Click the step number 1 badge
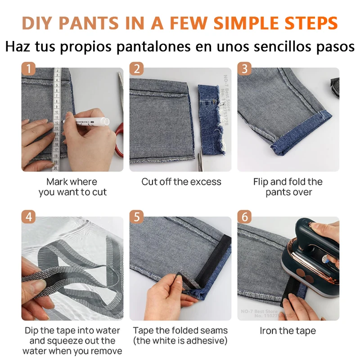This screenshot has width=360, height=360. (x=29, y=69)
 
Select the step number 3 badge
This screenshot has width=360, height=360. (x=245, y=69)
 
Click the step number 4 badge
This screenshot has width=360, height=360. (x=29, y=217)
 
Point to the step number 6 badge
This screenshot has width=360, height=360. (x=245, y=217)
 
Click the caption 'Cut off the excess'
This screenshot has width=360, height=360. (x=181, y=182)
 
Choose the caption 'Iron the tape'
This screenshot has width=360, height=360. (x=288, y=331)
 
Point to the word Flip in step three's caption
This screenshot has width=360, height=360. (x=263, y=182)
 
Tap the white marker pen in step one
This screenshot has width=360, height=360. (x=85, y=121)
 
